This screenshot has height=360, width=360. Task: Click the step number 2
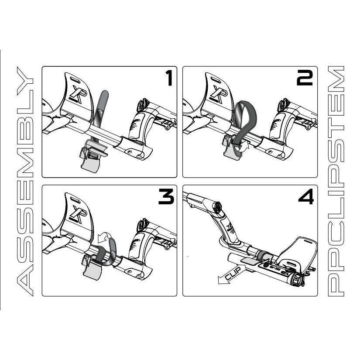pos(304,79)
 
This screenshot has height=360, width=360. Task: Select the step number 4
pos(305,198)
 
